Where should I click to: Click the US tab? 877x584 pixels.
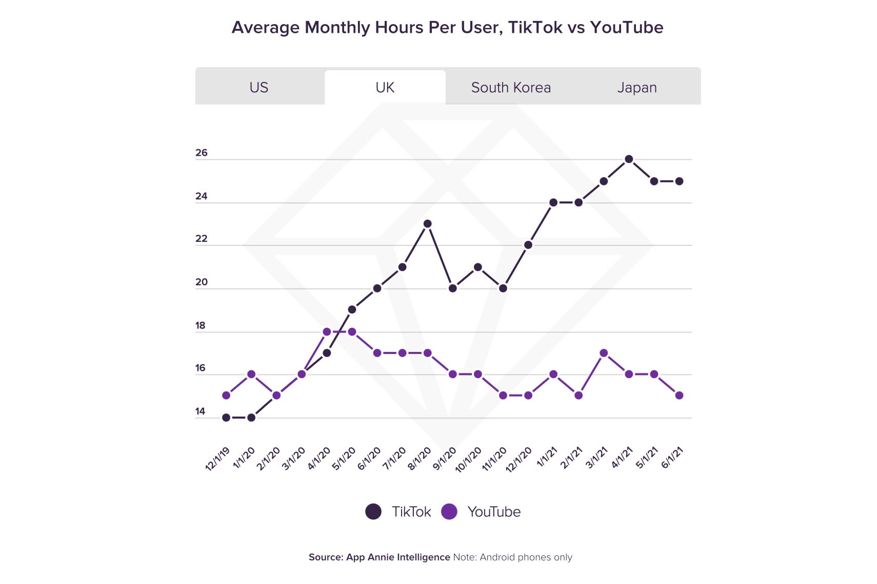(259, 88)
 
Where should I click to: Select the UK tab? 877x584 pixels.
(385, 88)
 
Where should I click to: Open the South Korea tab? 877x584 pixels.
(511, 88)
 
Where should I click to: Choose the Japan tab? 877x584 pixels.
(637, 88)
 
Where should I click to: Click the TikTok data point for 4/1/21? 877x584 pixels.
(629, 159)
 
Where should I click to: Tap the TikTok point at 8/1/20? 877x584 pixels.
(427, 224)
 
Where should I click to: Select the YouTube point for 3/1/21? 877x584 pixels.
(604, 353)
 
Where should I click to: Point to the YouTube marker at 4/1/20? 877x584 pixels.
(327, 332)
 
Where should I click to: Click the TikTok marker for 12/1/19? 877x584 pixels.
(226, 418)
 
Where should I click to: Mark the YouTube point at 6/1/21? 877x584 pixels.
(679, 395)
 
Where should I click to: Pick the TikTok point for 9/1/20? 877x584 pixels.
(452, 288)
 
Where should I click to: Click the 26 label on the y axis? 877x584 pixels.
(202, 153)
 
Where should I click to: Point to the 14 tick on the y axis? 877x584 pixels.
(200, 411)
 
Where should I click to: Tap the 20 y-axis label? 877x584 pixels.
(202, 282)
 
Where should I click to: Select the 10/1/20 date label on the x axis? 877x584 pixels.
(468, 460)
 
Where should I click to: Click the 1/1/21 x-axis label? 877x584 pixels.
(547, 457)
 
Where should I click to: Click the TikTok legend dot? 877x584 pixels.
(373, 512)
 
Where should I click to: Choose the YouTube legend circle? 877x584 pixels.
(449, 512)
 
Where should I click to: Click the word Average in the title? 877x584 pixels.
(266, 27)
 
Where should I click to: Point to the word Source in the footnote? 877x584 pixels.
(325, 557)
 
